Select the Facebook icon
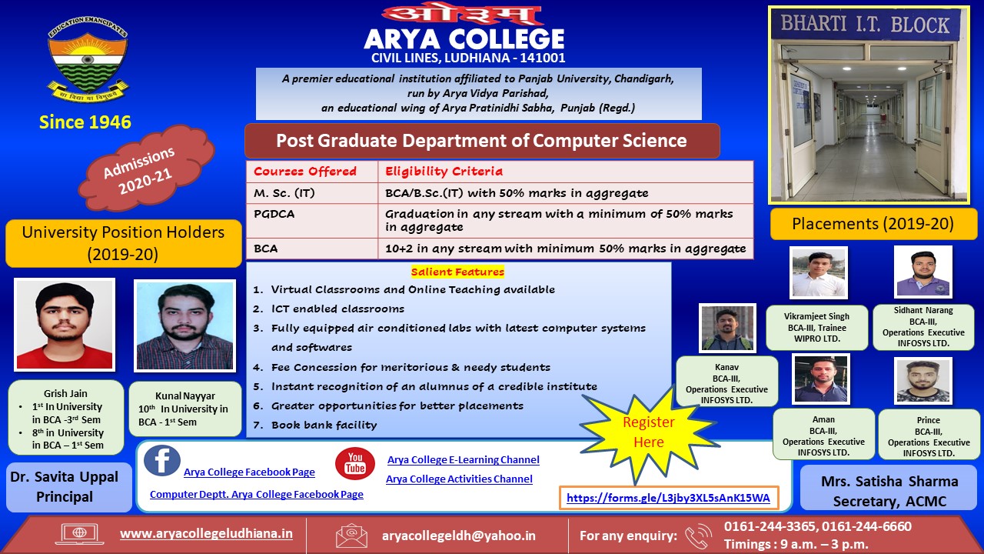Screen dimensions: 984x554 click(162, 460)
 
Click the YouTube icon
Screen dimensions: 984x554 click(355, 463)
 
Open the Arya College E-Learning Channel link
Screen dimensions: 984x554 click(464, 459)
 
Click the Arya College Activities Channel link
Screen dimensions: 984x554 click(459, 479)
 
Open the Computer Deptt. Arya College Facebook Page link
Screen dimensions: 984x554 click(257, 494)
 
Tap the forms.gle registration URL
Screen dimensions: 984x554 click(668, 498)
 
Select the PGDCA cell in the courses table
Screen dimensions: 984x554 click(312, 221)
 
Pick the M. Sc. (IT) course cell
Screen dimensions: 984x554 click(312, 193)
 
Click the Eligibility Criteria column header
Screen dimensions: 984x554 click(565, 172)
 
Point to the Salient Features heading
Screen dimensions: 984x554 click(457, 272)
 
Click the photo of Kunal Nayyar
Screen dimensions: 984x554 click(185, 325)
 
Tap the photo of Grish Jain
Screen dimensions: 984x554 click(65, 325)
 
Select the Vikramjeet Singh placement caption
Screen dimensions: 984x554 click(816, 328)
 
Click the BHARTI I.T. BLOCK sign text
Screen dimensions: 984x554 click(865, 24)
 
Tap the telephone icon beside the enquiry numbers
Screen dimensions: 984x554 click(699, 536)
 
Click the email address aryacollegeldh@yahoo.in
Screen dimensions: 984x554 click(459, 536)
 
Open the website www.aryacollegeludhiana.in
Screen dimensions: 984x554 click(206, 533)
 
